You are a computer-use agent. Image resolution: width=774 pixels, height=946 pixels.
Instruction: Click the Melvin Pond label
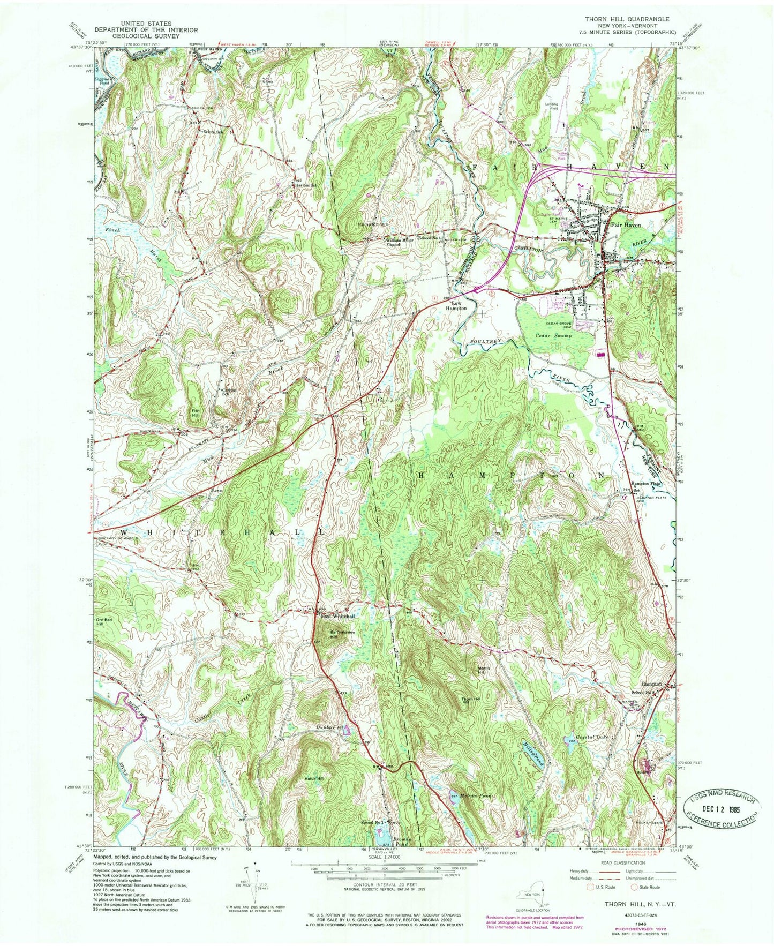coord(474,795)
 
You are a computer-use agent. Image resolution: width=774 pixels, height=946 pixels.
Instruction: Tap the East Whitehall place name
coord(337,617)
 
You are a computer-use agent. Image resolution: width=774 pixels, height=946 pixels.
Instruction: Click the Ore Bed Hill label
coord(103,621)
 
